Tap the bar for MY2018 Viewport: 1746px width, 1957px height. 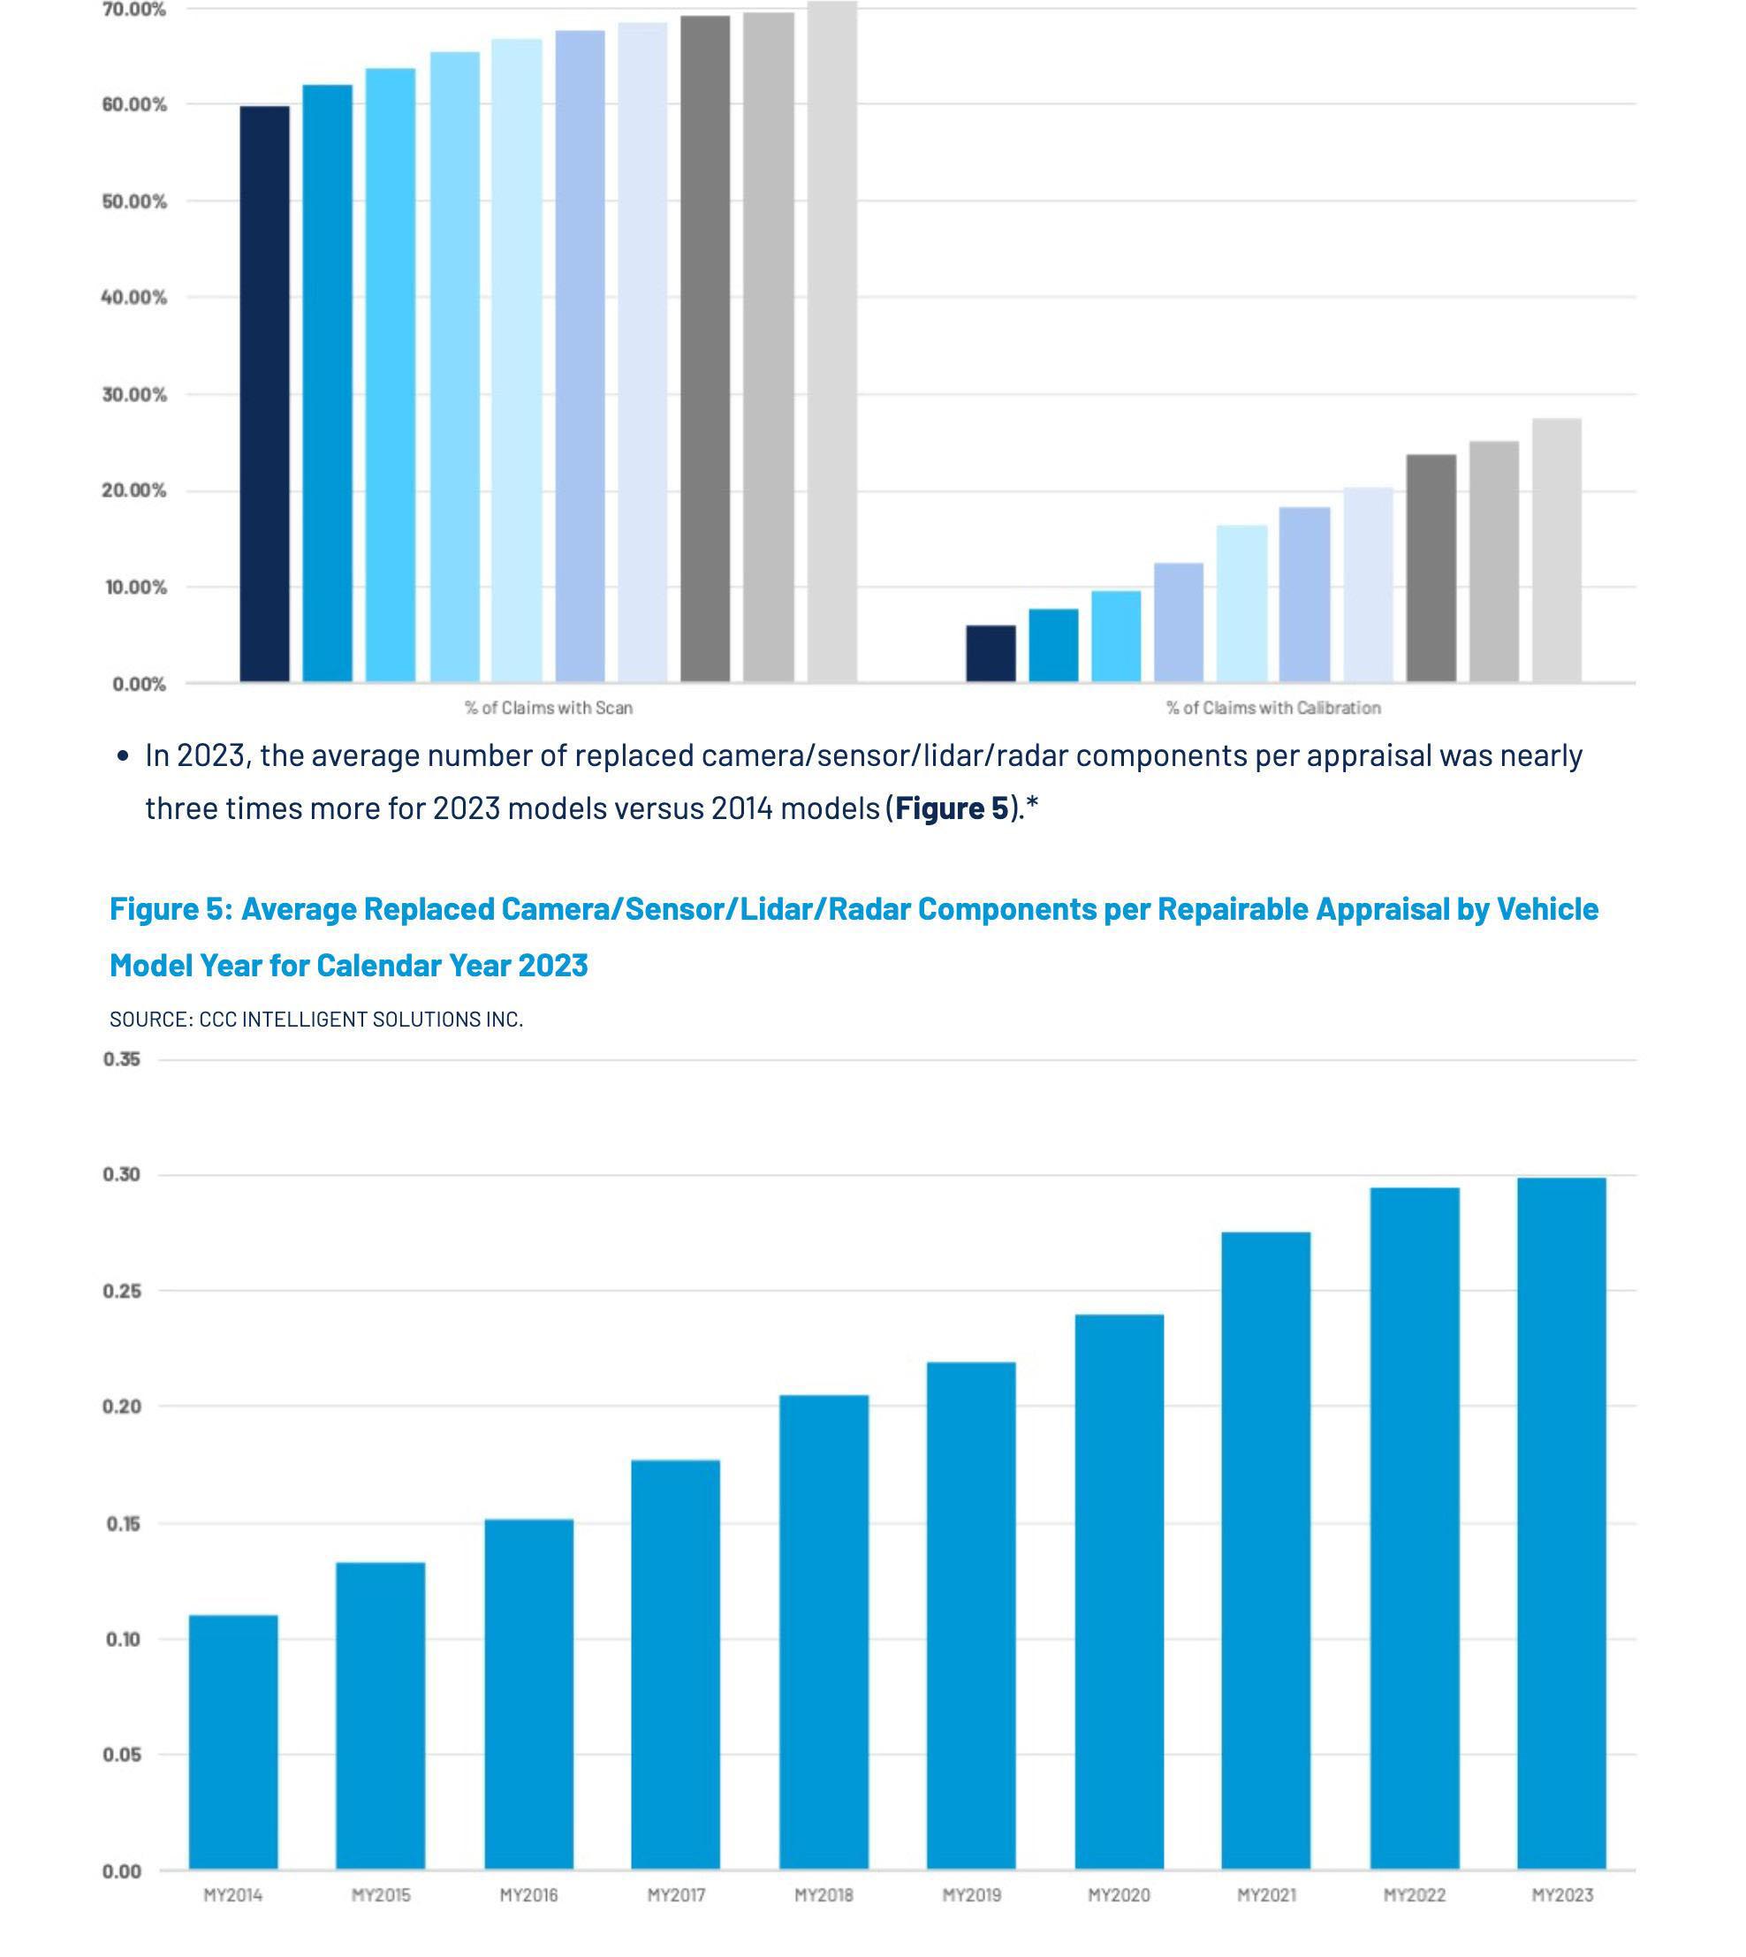pos(824,1631)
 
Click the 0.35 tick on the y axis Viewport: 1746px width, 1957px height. pos(122,1059)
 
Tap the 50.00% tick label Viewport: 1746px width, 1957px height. pos(133,201)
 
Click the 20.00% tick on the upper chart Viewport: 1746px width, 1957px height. pos(133,490)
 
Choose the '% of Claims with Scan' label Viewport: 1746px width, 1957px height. pos(549,708)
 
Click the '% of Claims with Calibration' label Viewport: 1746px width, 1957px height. pos(1273,708)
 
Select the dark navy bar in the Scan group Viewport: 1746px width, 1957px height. pos(264,393)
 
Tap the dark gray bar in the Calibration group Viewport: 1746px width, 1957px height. pos(1431,568)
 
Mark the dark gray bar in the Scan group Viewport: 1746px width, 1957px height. pos(705,348)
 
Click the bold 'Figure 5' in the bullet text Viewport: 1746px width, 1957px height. pos(951,808)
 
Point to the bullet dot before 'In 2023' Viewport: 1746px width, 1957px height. pos(122,757)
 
